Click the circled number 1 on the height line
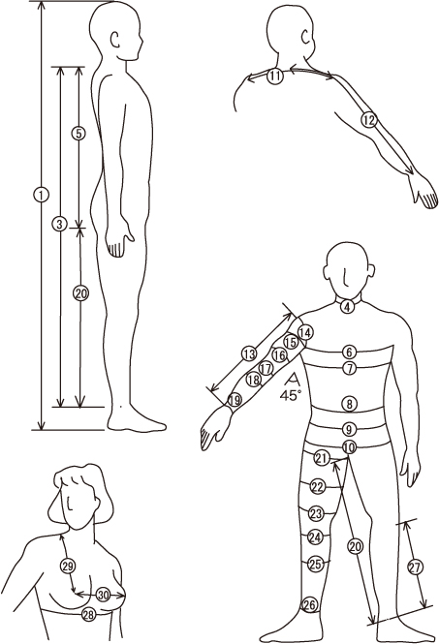(41, 195)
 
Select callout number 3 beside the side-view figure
(60, 224)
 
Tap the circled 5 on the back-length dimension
(78, 134)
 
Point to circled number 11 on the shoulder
(275, 76)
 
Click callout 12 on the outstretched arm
(369, 120)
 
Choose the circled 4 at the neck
(348, 306)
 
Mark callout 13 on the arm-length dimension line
(249, 354)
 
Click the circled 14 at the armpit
(305, 333)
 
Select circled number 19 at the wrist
(235, 400)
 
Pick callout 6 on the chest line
(350, 352)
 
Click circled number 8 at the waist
(350, 404)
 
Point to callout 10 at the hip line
(349, 447)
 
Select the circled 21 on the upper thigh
(322, 458)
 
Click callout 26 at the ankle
(309, 605)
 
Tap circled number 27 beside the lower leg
(415, 567)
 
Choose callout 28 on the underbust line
(89, 614)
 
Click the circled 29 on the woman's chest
(68, 566)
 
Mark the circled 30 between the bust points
(103, 595)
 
